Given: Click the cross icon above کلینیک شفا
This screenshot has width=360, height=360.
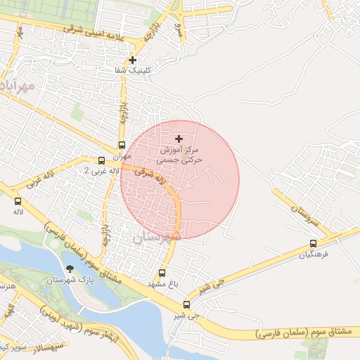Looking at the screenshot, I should pos(132,60).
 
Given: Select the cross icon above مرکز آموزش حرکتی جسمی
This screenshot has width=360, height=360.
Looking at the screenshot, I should pos(179,139).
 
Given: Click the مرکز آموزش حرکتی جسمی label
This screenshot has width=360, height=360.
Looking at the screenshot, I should pos(180,155).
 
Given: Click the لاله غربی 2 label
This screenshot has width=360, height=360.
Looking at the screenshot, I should pos(96,171).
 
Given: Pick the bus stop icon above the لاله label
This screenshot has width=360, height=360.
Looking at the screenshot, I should pos(18,201).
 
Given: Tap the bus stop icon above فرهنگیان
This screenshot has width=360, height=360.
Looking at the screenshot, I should pos(313,244).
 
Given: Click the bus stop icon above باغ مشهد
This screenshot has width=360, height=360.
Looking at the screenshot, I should pos(162,273).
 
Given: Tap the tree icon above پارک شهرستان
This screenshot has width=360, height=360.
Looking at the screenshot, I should pos(69,269).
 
